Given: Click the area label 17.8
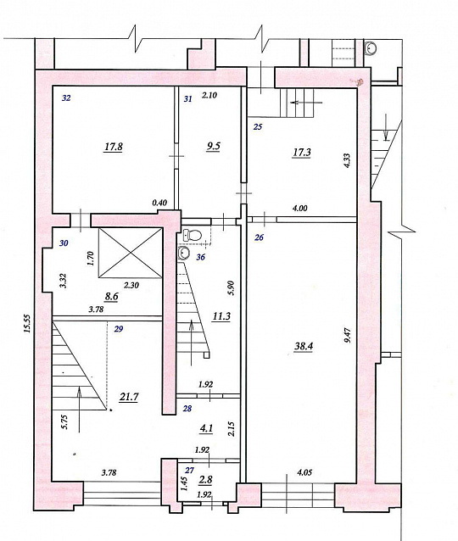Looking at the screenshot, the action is tap(114, 147).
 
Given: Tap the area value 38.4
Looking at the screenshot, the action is tap(304, 346).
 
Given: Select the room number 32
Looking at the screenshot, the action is tap(66, 98).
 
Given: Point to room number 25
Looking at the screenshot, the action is tap(258, 126).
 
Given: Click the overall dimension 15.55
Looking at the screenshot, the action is tap(28, 323).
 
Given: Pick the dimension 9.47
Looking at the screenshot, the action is tap(348, 335).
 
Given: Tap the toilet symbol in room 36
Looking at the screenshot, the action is tap(192, 235).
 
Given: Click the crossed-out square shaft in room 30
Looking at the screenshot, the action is tap(131, 253).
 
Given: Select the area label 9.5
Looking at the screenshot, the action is tap(213, 146).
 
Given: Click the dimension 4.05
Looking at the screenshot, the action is tap(304, 472).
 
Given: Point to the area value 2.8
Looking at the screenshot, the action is tap(206, 480).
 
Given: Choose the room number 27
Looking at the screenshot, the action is tap(189, 470).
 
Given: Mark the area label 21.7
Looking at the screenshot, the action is tap(129, 397).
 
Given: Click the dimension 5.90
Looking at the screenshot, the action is tap(232, 288).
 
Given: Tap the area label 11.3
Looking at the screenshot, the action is tap(221, 316).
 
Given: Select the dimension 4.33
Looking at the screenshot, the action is tap(347, 160).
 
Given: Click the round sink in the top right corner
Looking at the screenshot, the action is tap(371, 48).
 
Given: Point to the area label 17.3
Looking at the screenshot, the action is tap(301, 152).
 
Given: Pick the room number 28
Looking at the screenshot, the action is tap(187, 409).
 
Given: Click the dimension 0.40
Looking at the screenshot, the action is tap(159, 203).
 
